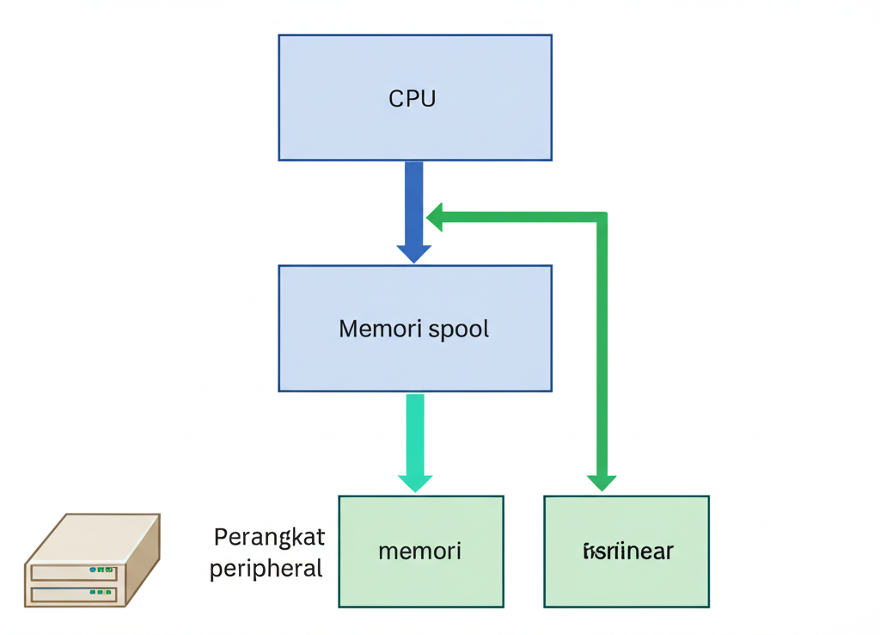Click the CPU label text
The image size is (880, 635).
coord(412,98)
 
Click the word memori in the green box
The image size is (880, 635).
coord(419,551)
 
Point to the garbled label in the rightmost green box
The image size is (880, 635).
coord(627,552)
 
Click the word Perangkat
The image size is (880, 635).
coord(269,538)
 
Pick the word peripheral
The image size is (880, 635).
coord(266,569)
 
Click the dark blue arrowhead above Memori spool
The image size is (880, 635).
coord(414,253)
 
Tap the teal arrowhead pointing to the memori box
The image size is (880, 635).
coord(415,482)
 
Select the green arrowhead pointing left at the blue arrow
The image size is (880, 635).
coord(435,218)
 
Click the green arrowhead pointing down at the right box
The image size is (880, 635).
coord(602,482)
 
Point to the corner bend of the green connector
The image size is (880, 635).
coord(602,218)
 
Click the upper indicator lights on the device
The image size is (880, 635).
coord(101,570)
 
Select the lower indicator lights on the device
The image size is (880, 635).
coord(101,592)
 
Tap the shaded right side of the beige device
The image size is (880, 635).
coord(144,564)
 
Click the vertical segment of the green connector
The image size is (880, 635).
coord(602,344)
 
